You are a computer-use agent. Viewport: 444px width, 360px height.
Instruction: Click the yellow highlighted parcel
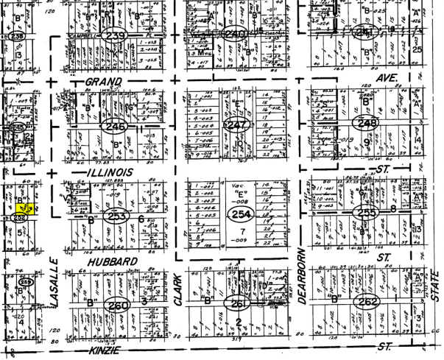(x=21, y=208)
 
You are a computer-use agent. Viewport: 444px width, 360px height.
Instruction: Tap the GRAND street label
(x=103, y=80)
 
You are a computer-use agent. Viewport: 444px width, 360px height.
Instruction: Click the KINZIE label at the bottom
(x=109, y=353)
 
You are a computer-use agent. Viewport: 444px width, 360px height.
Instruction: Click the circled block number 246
(x=116, y=127)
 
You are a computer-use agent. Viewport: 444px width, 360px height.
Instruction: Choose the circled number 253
(x=116, y=218)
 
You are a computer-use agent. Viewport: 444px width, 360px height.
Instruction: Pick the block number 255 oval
(x=366, y=213)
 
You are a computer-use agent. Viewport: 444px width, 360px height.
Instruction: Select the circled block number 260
(x=117, y=306)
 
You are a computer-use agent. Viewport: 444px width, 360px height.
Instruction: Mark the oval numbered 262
(x=367, y=302)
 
